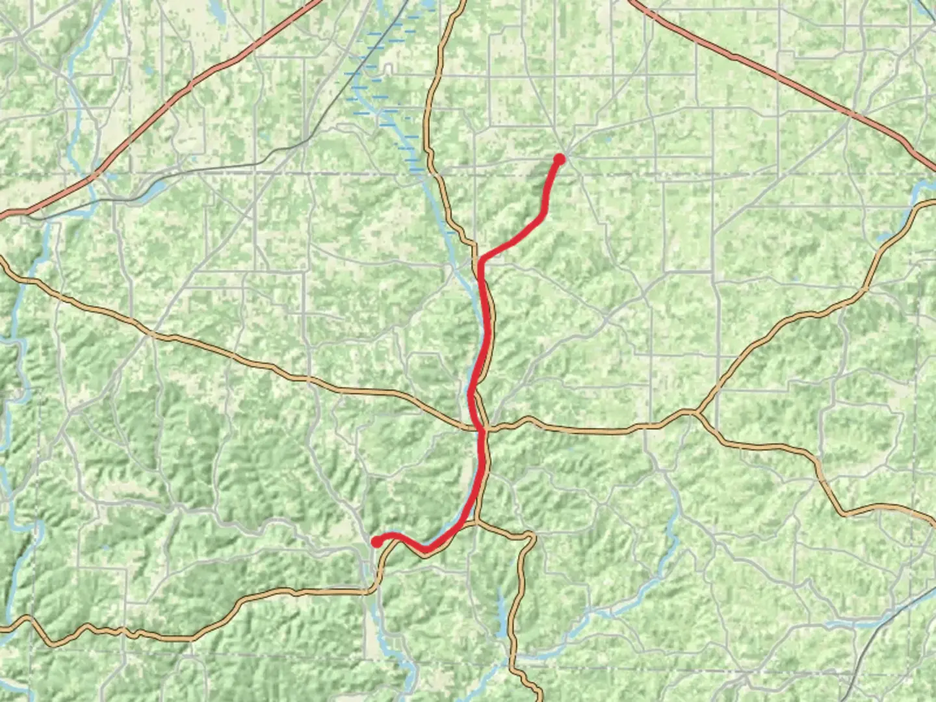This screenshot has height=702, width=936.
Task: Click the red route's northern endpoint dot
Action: pyautogui.click(x=559, y=158)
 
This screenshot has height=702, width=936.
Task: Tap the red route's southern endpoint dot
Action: pyautogui.click(x=376, y=541)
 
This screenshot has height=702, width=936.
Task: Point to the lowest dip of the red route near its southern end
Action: pyautogui.click(x=425, y=549)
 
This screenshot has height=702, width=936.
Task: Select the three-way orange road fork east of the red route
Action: pyautogui.click(x=695, y=412)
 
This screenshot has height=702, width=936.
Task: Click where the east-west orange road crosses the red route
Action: pyautogui.click(x=482, y=429)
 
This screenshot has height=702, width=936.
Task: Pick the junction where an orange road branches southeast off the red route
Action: pyautogui.click(x=476, y=521)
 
